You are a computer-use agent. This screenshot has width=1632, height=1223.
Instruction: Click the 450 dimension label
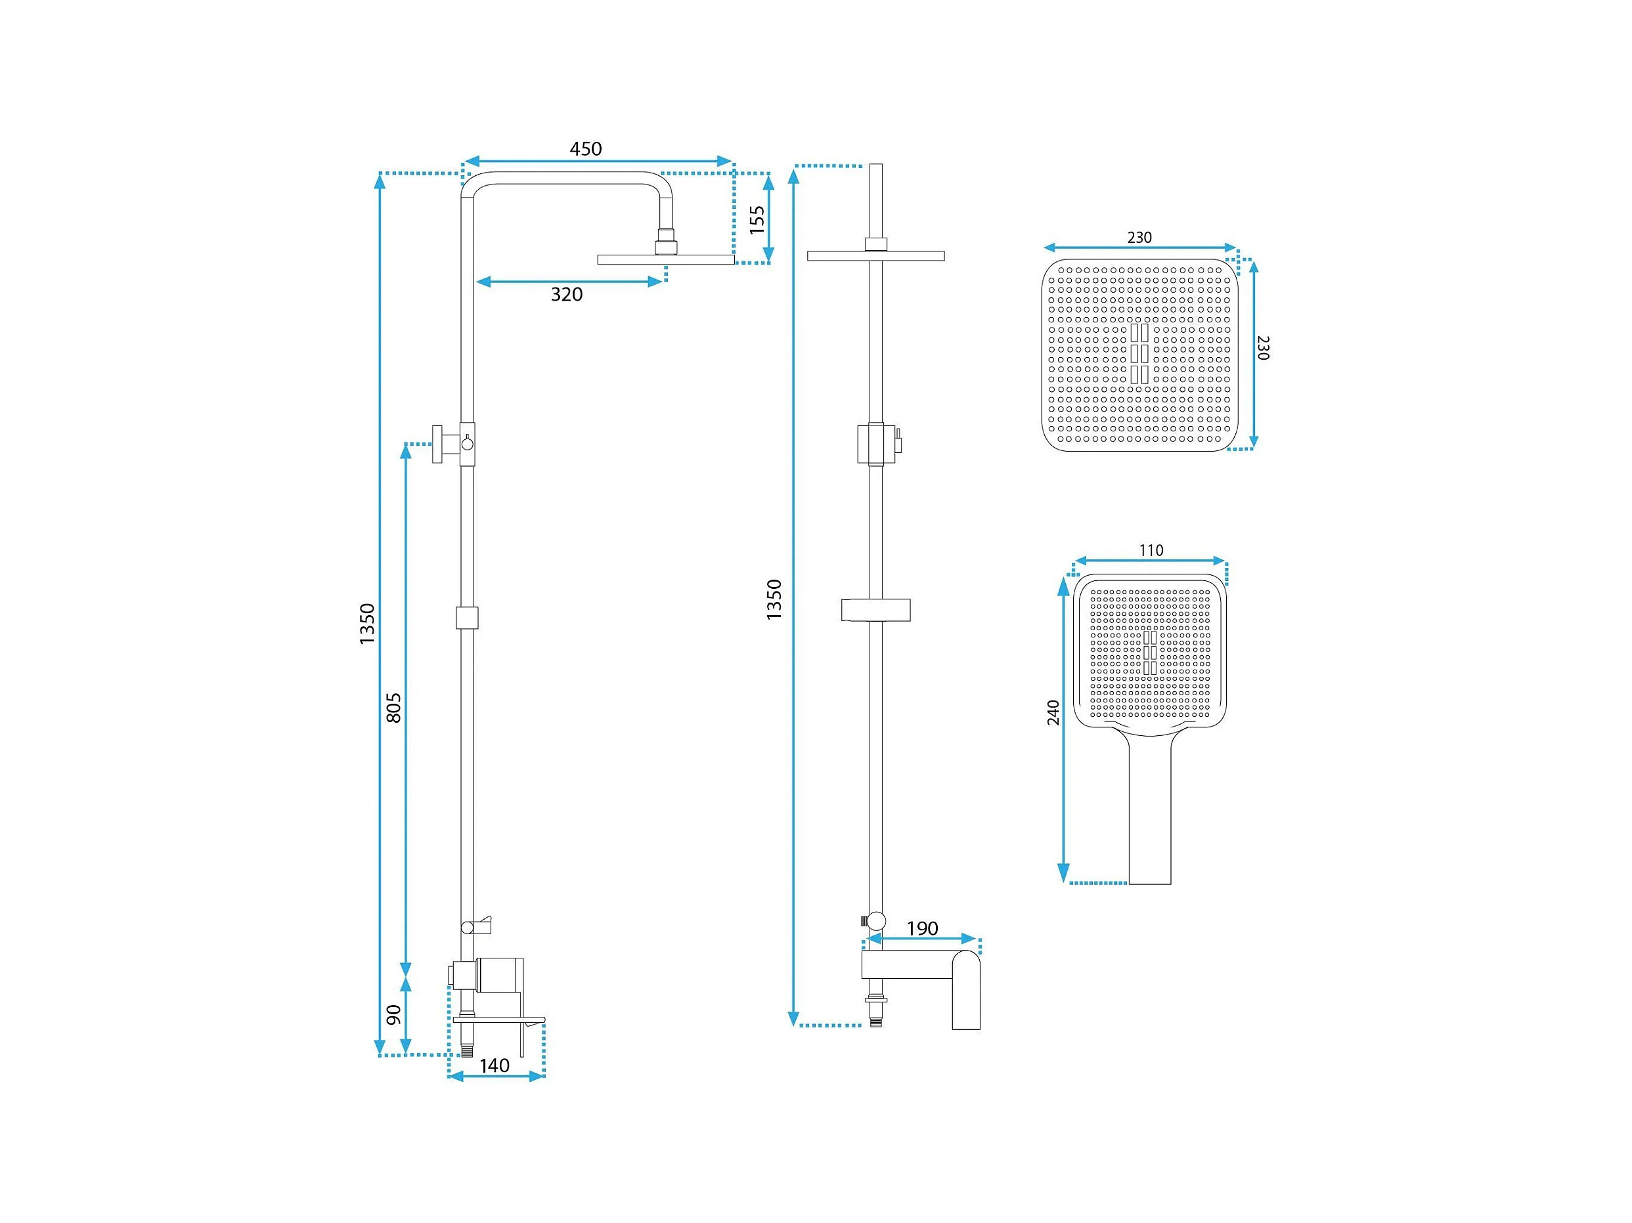[x=585, y=149]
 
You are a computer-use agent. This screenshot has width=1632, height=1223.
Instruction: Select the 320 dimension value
[x=567, y=295]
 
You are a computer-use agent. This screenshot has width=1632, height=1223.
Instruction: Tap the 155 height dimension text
[x=757, y=220]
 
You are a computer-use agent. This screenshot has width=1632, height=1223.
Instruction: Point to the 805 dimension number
[x=394, y=708]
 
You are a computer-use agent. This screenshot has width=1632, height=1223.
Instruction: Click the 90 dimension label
[x=394, y=1014]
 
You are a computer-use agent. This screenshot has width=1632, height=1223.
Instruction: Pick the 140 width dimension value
[x=495, y=1066]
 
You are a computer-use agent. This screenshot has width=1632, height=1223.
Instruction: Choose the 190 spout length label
[x=922, y=929]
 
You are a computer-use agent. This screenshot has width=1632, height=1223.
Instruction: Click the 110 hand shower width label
[x=1151, y=550]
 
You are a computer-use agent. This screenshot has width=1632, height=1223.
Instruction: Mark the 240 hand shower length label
[x=1053, y=712]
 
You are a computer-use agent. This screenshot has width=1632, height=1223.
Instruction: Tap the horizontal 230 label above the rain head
[x=1139, y=238]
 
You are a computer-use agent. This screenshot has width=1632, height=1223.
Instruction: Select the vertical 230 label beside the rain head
[x=1262, y=347]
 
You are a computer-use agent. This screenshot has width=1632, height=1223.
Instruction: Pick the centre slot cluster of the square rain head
[x=1139, y=353]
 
